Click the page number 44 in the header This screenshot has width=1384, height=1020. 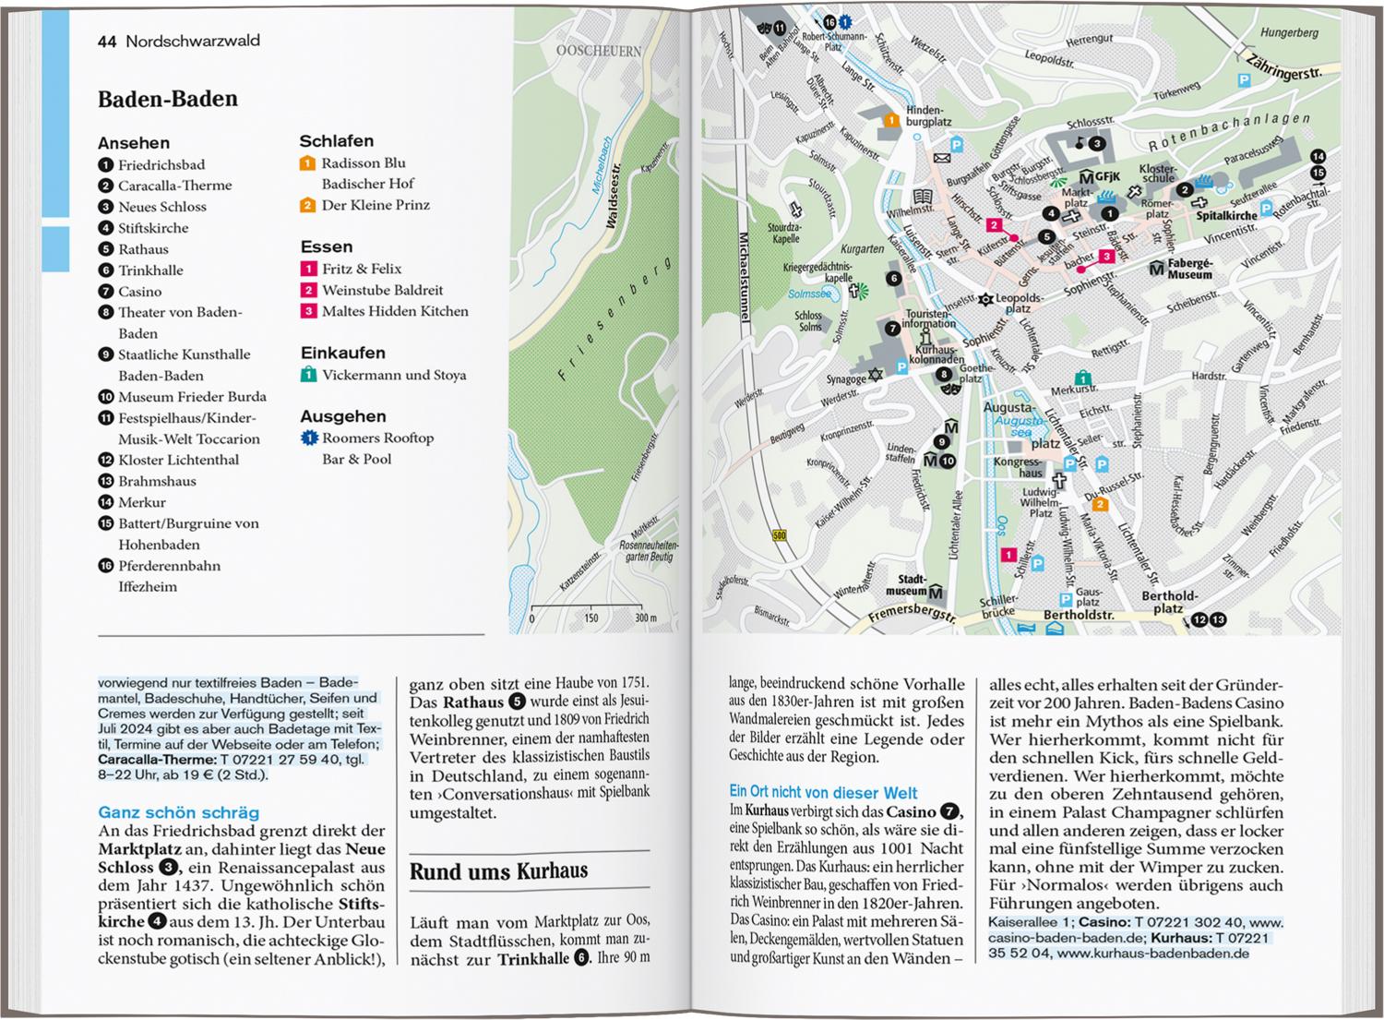[x=106, y=42]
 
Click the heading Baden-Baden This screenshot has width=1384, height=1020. [x=168, y=99]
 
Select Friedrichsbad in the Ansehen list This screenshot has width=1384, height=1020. [x=161, y=164]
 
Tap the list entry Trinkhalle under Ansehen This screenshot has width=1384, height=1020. [x=150, y=270]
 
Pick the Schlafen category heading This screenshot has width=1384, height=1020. [x=336, y=141]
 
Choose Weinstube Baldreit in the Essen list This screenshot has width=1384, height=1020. [x=382, y=290]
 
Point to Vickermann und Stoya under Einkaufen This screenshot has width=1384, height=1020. [x=394, y=375]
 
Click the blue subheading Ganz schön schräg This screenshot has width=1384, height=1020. [x=179, y=812]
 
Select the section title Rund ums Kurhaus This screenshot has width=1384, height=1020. [x=498, y=870]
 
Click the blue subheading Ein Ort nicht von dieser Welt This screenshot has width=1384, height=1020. [x=823, y=792]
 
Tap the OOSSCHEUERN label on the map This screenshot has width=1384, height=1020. [x=598, y=51]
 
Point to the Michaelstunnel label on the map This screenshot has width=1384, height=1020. [x=745, y=277]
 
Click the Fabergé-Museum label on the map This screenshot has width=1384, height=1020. [x=1189, y=269]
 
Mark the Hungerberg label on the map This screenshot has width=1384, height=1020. [x=1289, y=33]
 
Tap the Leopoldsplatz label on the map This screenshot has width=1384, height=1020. [x=1020, y=303]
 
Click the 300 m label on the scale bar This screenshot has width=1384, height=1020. [x=646, y=618]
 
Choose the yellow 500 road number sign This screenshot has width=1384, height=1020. [x=780, y=535]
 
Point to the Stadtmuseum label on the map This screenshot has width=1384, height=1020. [x=906, y=585]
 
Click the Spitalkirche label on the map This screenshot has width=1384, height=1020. [x=1226, y=216]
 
